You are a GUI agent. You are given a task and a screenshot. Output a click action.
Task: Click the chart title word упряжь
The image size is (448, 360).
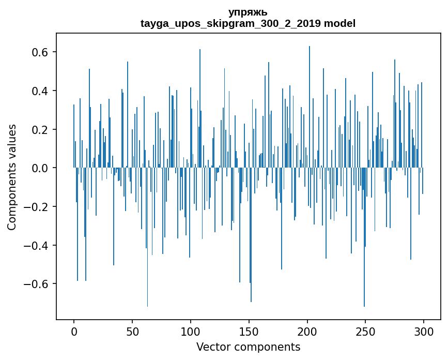pos(248,12)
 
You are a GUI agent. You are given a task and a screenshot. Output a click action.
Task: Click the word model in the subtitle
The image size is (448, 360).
pos(340,23)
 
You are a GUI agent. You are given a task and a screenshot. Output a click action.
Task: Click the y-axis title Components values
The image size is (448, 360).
pos(12,177)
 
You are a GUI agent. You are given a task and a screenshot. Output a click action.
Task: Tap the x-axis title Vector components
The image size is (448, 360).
pos(248,347)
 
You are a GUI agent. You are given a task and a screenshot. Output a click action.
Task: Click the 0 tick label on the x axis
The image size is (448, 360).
pos(74,331)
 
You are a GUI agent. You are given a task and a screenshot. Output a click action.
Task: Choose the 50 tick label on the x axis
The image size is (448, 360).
pos(132,331)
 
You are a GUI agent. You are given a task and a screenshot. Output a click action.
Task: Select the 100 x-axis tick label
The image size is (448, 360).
pos(191,331)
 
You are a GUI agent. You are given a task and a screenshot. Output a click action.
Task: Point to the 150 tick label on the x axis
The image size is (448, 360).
pos(249,331)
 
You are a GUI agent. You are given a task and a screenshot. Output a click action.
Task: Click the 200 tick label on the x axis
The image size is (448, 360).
pos(307,331)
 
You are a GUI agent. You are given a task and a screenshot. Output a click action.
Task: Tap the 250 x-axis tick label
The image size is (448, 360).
pos(365,331)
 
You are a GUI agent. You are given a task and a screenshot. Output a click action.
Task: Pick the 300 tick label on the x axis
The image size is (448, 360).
pos(424,331)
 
